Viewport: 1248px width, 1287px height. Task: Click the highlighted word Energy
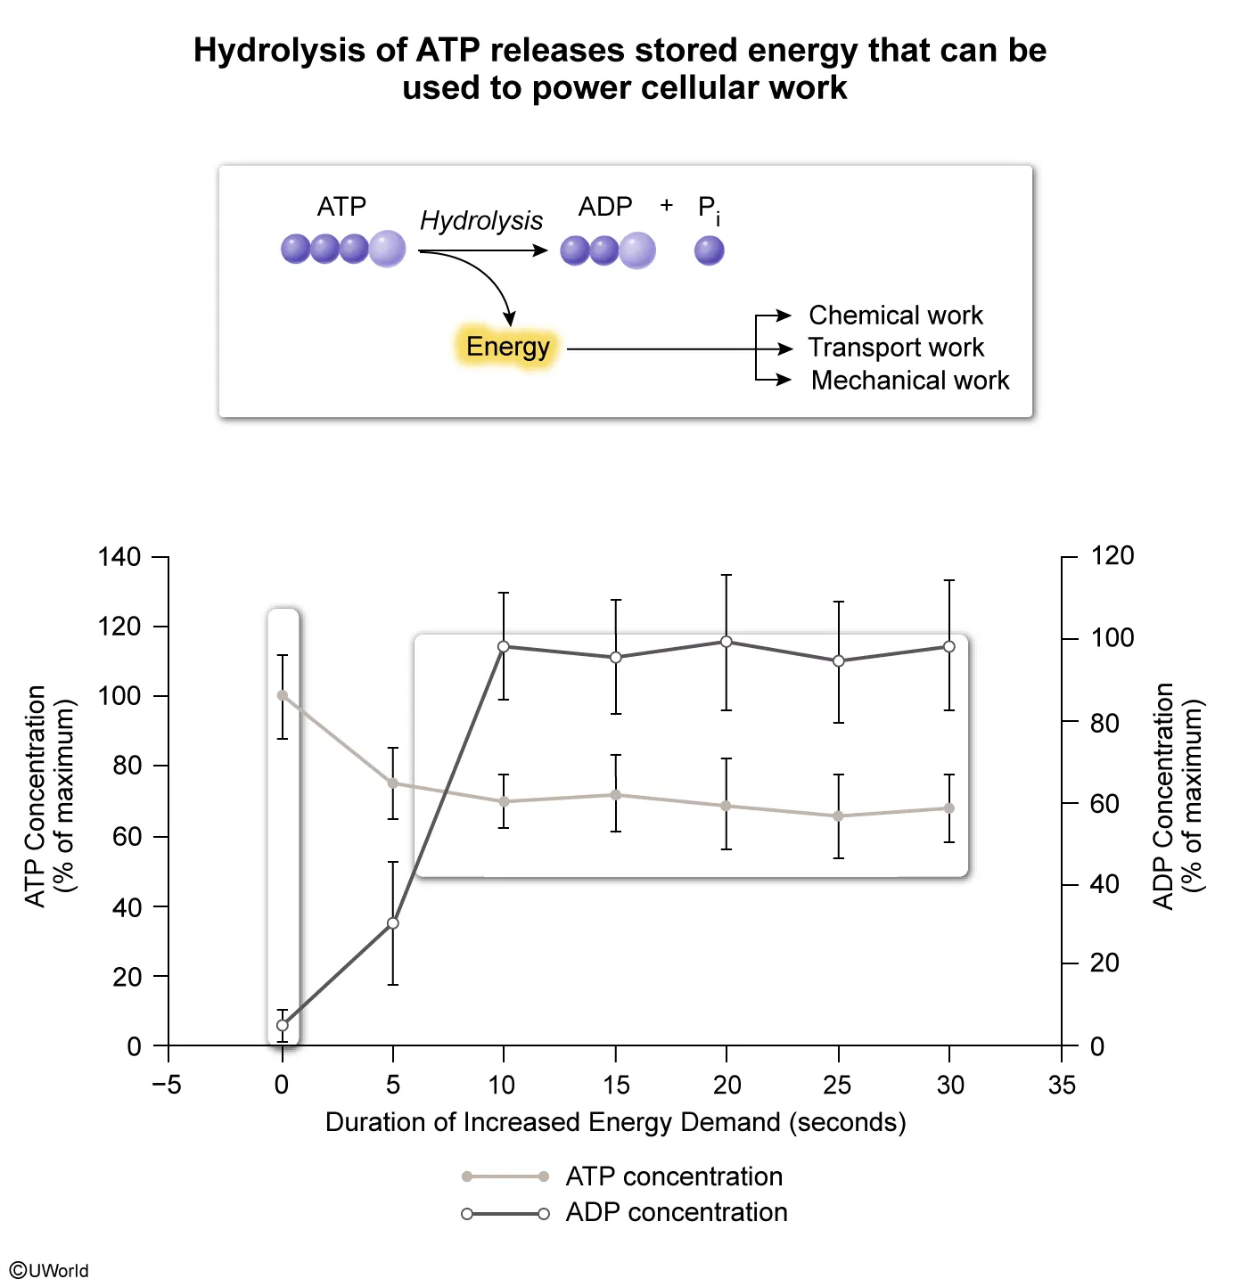(507, 347)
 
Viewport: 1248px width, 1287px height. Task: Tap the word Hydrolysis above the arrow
(481, 220)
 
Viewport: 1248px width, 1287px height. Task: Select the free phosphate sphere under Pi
(710, 250)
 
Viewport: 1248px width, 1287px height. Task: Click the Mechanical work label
(909, 381)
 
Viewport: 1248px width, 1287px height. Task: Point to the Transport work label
(895, 348)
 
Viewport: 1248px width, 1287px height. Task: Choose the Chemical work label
(895, 316)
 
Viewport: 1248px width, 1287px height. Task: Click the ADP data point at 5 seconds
(393, 923)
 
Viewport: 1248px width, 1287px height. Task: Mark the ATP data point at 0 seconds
(283, 695)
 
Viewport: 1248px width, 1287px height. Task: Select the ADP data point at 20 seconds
(727, 642)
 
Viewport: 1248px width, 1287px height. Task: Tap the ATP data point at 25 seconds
(838, 816)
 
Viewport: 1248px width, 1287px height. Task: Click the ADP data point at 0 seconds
(283, 1025)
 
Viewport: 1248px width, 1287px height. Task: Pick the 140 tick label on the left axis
(119, 558)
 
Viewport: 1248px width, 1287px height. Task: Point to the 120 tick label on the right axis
(1113, 556)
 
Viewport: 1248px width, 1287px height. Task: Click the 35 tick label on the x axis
(1062, 1085)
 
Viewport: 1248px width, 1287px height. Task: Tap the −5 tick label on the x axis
(167, 1085)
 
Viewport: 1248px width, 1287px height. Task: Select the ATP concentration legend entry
(674, 1176)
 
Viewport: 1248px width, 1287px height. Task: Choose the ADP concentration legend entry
(676, 1212)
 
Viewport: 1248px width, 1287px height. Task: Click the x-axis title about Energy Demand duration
(615, 1122)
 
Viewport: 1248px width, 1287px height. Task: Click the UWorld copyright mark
(50, 1270)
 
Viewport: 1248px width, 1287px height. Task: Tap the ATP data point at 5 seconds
(393, 783)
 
